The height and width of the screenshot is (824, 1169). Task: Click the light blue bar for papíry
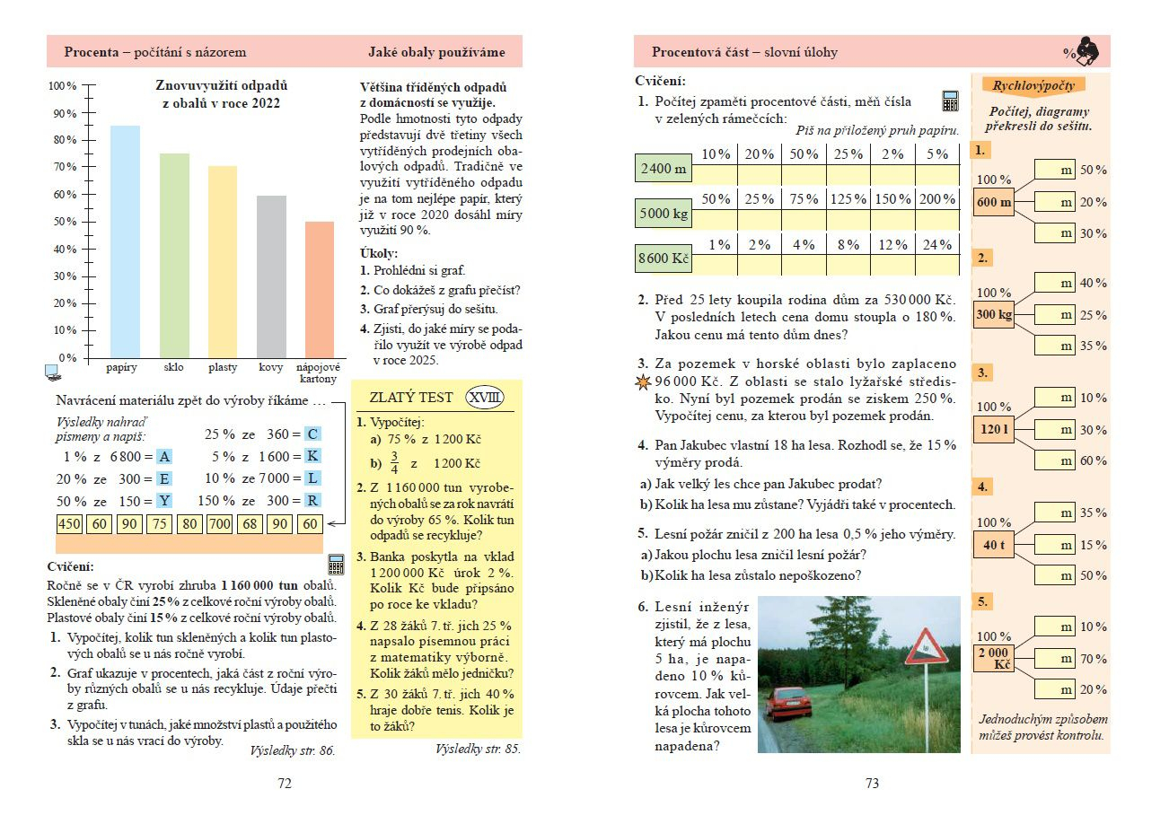click(x=125, y=241)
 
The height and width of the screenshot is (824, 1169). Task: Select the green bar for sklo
click(x=174, y=256)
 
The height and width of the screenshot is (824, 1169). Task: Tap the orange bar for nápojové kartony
click(x=320, y=289)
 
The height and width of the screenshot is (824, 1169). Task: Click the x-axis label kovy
click(x=271, y=368)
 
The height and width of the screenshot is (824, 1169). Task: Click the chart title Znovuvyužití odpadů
click(x=221, y=86)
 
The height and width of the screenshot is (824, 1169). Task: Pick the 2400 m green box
click(x=664, y=168)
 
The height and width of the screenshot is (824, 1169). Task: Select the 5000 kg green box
click(x=664, y=215)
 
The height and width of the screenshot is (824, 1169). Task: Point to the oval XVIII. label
click(x=485, y=398)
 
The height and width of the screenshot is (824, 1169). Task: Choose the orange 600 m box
click(x=995, y=202)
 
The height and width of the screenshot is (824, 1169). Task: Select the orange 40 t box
click(x=995, y=545)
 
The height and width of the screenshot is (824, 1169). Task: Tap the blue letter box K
click(x=312, y=456)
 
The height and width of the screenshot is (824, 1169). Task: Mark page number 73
click(x=871, y=784)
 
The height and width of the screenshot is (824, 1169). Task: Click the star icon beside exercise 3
click(x=642, y=382)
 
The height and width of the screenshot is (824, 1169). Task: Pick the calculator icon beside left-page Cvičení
click(x=337, y=565)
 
